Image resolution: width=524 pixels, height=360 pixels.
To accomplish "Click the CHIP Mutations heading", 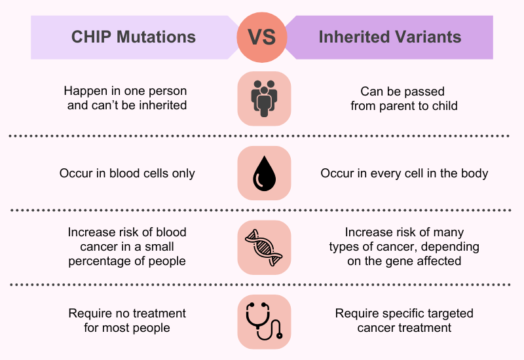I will click(x=134, y=37).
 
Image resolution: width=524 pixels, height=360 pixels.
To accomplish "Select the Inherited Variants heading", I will click(x=390, y=37).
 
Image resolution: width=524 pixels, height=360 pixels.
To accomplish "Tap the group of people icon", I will click(x=264, y=98).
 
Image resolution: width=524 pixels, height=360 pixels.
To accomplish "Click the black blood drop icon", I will click(x=264, y=173).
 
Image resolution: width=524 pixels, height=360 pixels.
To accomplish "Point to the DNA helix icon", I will click(x=264, y=247).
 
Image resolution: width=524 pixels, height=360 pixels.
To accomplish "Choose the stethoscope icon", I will click(x=264, y=321).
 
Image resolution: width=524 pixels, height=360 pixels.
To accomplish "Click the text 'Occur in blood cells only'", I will click(x=127, y=173).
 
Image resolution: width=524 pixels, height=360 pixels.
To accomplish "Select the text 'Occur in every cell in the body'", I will click(x=404, y=173).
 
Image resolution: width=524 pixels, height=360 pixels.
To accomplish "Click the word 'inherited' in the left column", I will click(x=162, y=105).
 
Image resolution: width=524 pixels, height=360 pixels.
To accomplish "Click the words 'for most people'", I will click(x=127, y=328).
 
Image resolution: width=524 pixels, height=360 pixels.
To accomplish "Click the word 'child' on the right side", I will click(x=444, y=105).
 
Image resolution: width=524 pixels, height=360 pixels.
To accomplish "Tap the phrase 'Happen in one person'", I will click(x=125, y=91).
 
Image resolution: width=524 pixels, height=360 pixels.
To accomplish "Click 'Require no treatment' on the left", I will click(x=127, y=314).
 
